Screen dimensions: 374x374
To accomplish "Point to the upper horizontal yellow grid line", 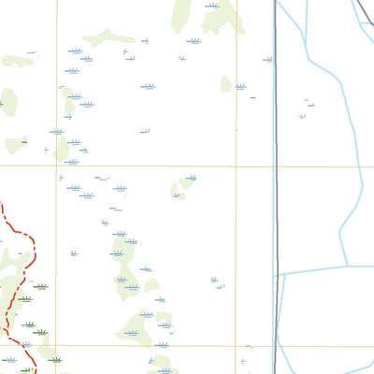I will coord(140,167).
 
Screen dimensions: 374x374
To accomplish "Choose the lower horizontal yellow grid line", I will coord(140,346).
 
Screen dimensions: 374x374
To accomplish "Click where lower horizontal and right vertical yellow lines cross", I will coord(236,346).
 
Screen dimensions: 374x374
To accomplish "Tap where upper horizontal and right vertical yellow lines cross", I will coord(236,167).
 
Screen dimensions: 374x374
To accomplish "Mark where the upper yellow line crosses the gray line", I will coord(276,167).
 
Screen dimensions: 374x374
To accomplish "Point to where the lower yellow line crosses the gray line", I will coord(276,346).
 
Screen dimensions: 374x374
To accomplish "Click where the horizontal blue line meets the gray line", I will coord(277,274).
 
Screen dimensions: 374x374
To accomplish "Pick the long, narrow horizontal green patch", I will coord(108,38).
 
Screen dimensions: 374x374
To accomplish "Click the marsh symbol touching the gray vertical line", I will coord(268,60).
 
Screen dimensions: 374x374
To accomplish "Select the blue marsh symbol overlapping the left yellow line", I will coord(57,131).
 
